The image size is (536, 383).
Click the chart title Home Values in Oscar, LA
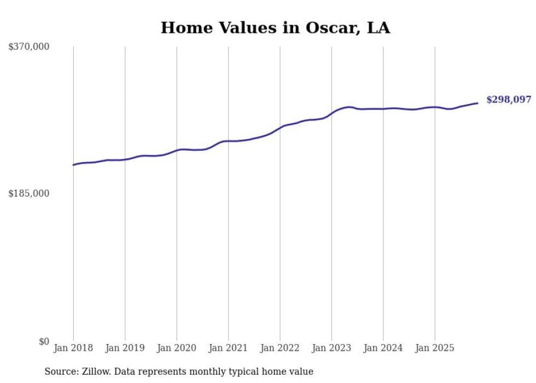(275, 28)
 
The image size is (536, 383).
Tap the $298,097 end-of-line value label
(508, 100)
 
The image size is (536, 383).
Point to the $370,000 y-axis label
(28, 47)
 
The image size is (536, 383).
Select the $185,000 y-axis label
(28, 193)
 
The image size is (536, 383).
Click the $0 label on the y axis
(44, 341)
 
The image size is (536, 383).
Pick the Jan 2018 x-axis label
(73, 348)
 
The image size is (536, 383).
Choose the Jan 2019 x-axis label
(125, 348)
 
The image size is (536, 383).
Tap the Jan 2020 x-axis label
(177, 348)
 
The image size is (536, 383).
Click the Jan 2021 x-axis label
(228, 348)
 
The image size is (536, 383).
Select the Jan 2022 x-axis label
(280, 348)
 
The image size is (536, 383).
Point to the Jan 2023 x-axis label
(331, 348)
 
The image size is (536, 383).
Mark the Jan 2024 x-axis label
(383, 348)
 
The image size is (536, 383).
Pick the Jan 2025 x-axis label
(435, 348)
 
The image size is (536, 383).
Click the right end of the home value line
(477, 103)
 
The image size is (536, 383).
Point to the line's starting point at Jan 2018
(73, 165)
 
